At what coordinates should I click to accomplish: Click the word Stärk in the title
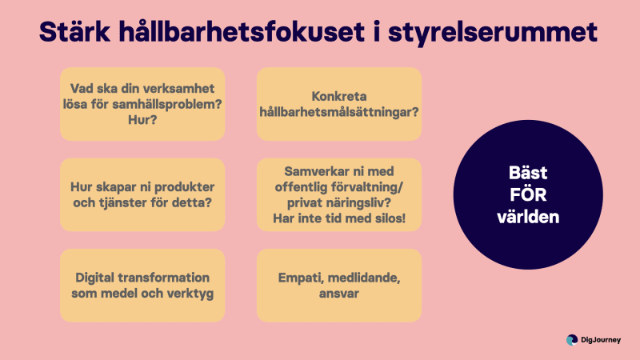tap(74, 32)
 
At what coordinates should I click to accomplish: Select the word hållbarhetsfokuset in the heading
tap(242, 32)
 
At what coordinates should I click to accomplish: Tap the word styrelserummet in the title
tap(493, 33)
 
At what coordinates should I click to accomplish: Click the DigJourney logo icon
tap(572, 340)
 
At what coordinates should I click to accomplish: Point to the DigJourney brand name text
tap(601, 340)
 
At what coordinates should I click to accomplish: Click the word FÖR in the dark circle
tap(528, 194)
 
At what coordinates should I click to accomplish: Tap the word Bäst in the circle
tap(528, 173)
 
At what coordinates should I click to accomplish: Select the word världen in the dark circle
tap(528, 217)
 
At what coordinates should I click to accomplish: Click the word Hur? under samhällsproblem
tap(142, 120)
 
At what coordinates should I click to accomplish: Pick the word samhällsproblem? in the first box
tap(167, 105)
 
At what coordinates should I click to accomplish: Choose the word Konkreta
tap(338, 96)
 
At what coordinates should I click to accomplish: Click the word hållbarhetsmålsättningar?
tap(338, 112)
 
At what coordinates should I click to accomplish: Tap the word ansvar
tap(338, 294)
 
